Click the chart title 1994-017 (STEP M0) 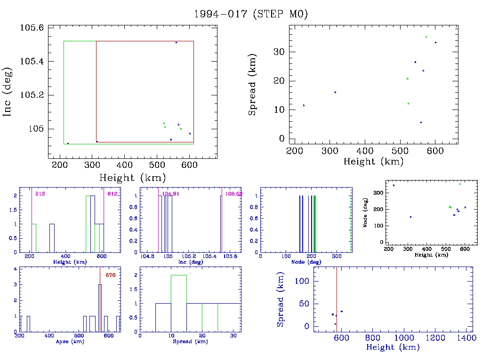coord(251,14)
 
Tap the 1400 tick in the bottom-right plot coord(465,338)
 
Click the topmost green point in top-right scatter coord(426,37)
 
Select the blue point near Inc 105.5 coord(176,43)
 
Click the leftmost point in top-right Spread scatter coord(304,105)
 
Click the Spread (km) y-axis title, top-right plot coord(253,92)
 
